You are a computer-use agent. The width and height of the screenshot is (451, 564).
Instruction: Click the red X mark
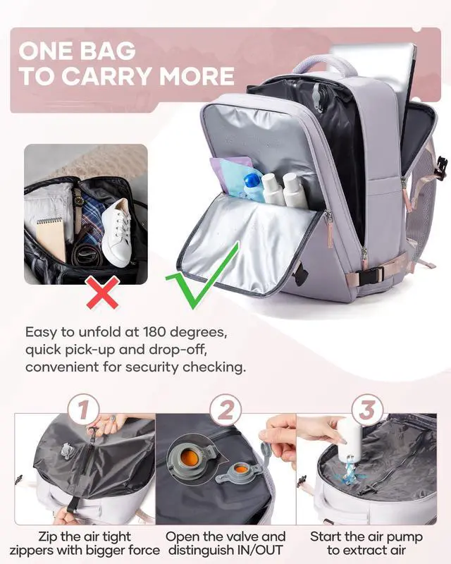(x=102, y=293)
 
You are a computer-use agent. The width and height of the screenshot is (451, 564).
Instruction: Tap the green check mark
(x=201, y=276)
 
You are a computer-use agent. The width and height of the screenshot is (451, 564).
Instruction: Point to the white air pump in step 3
(x=350, y=440)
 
